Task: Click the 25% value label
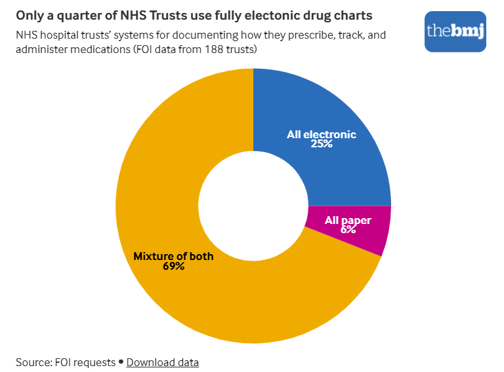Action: point(322,144)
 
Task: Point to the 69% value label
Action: point(173,266)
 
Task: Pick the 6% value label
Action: point(348,230)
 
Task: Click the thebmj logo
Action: point(455,31)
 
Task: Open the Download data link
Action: point(163,362)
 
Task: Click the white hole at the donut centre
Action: point(253,206)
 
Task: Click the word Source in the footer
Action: point(33,362)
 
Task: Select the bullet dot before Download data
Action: point(121,362)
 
